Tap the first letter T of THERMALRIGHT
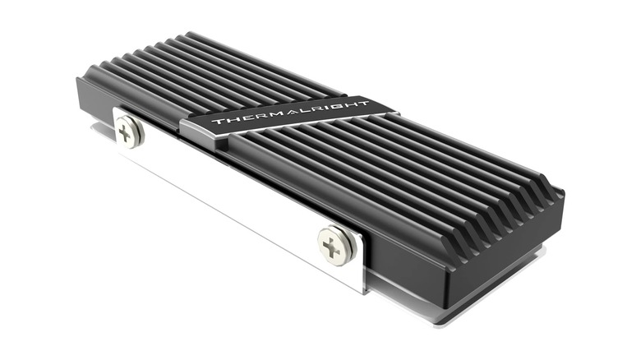(217, 122)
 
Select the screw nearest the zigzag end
(337, 244)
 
